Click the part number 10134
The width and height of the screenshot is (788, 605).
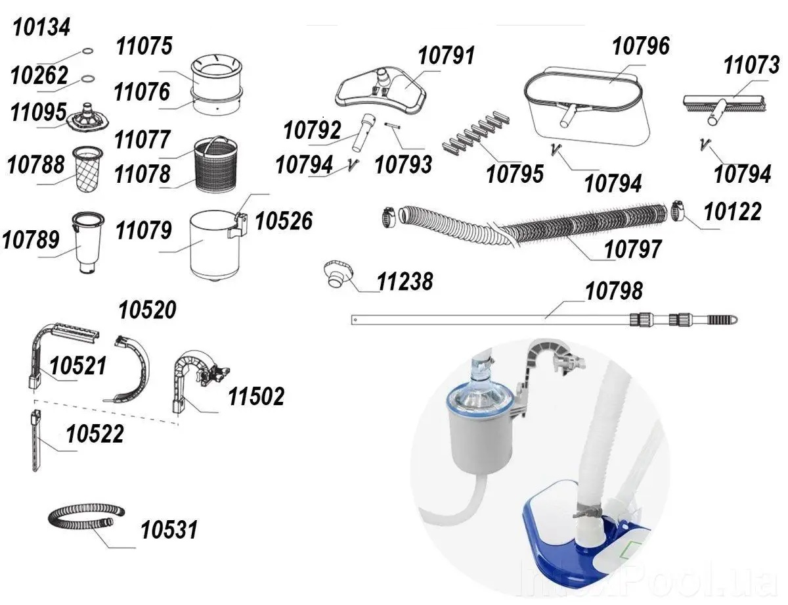pos(42,28)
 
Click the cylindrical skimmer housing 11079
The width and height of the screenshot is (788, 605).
pos(212,246)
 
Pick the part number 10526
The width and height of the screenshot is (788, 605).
pos(284,221)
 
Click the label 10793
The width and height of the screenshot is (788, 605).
pos(403,164)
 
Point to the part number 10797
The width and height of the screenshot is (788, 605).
pos(632,249)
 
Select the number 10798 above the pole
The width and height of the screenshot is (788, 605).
pos(614,290)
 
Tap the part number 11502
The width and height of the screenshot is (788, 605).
pos(256,396)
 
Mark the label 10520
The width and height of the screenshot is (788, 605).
pos(147,310)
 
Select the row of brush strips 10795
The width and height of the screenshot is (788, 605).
pos(475,134)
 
